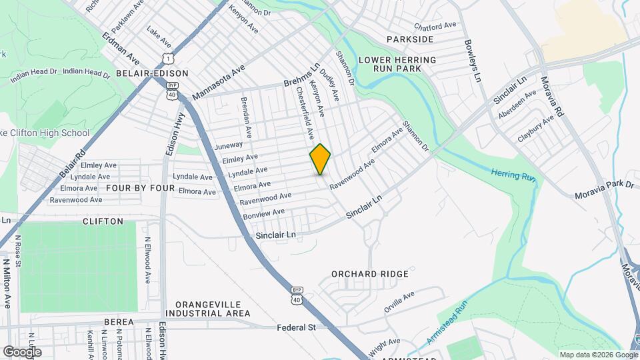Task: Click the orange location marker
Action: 320,159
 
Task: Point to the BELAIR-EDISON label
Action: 152,73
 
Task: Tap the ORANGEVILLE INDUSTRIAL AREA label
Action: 208,308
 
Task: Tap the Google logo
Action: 22,351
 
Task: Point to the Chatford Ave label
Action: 435,27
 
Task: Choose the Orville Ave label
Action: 399,301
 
